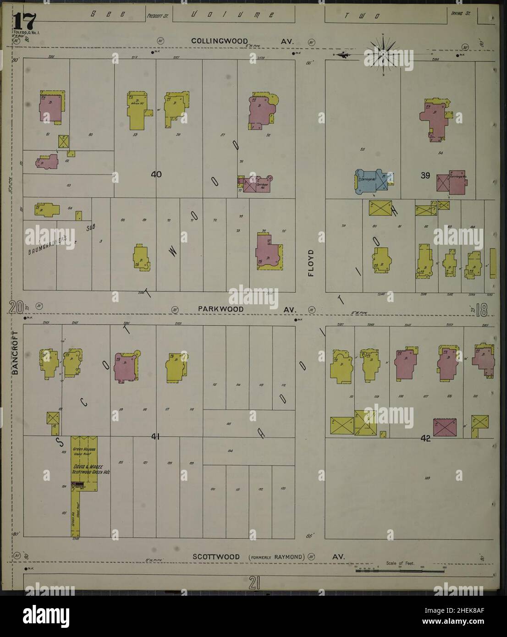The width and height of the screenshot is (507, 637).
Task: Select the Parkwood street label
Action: coord(220,309)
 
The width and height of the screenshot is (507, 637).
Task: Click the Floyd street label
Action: coord(311,263)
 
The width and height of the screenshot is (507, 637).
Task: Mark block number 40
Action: coord(157,174)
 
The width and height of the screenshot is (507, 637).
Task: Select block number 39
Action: coord(425,175)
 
